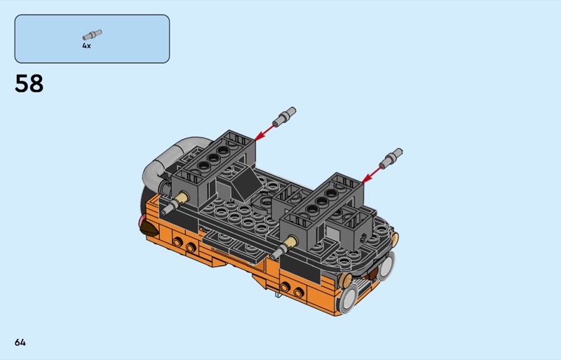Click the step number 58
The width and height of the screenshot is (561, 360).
coord(29,84)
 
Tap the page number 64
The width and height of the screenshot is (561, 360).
coord(20,342)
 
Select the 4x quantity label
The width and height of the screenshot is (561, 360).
coord(86,46)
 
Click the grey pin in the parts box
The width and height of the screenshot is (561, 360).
coord(93,35)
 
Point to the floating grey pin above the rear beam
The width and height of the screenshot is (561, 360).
coord(285,116)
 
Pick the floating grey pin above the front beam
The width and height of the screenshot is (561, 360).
coord(391,159)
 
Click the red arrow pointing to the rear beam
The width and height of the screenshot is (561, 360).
coord(265,133)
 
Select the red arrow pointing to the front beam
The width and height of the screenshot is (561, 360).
coord(372,175)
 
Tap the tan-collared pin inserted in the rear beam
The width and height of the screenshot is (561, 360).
coord(175,203)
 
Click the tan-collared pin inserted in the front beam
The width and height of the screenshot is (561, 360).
coord(284,248)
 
